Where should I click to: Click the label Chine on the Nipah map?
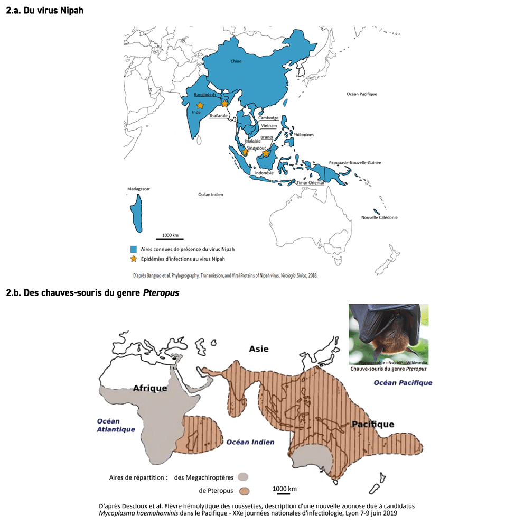(x=236, y=61)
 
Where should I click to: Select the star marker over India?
(x=200, y=106)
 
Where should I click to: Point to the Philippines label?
(x=304, y=135)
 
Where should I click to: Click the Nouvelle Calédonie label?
(x=379, y=217)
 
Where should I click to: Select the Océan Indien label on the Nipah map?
(x=211, y=195)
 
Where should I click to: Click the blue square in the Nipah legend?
(x=134, y=249)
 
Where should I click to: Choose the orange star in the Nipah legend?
(x=134, y=259)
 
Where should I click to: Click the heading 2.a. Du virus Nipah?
(x=44, y=11)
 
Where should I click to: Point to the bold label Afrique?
(x=149, y=388)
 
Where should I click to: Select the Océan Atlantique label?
(x=116, y=425)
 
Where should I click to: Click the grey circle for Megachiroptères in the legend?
(x=244, y=477)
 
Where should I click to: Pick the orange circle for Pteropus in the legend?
(x=244, y=491)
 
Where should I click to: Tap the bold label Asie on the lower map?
(x=259, y=348)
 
